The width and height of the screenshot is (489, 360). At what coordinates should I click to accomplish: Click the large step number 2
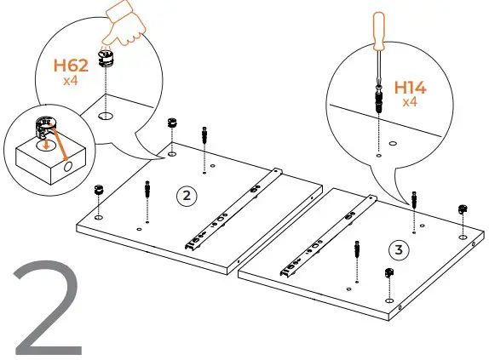(x=47, y=310)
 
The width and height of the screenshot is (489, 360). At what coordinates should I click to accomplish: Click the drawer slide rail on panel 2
(x=232, y=209)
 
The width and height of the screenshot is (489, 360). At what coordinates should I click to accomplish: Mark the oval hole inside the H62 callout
(x=106, y=115)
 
